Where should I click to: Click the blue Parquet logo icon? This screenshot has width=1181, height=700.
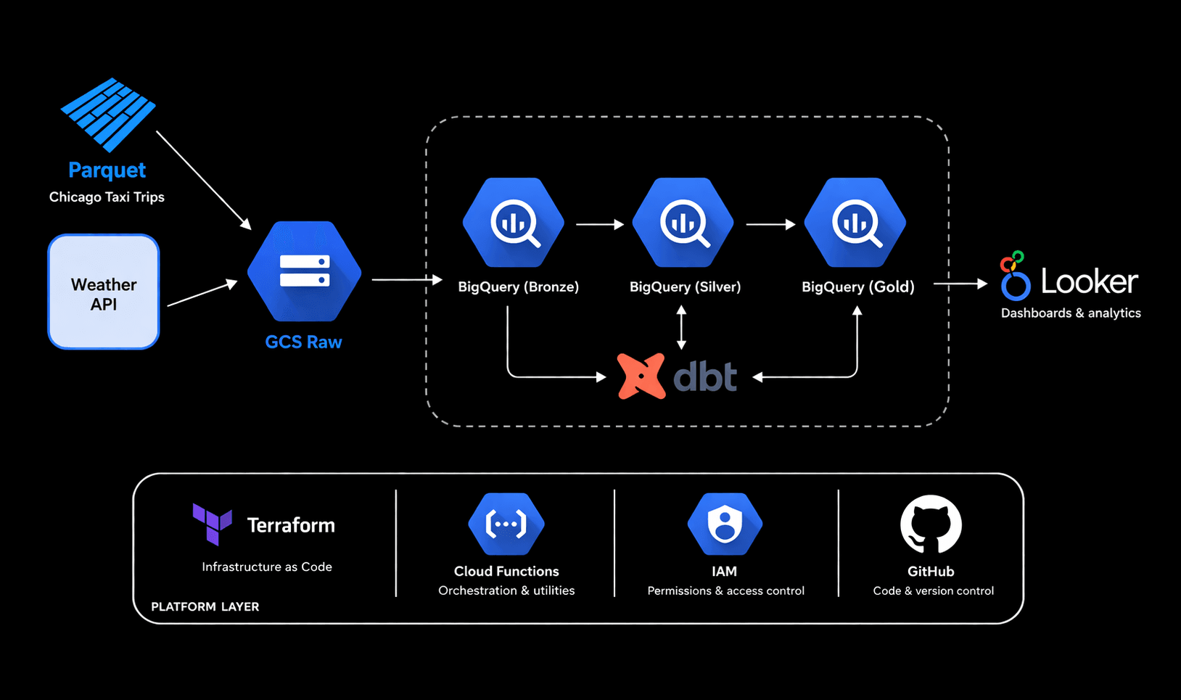click(x=108, y=115)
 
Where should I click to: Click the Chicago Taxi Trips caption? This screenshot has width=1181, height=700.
click(x=107, y=197)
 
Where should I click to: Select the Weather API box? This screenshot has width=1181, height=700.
click(x=104, y=292)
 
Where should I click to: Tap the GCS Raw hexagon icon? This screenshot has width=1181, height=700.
click(x=304, y=271)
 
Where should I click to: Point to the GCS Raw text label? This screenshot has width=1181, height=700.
click(x=303, y=342)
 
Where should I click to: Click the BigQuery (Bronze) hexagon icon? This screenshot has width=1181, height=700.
click(x=514, y=223)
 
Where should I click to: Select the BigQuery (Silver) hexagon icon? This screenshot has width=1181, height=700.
click(x=683, y=223)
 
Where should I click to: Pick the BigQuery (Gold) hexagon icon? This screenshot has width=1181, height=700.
click(x=855, y=223)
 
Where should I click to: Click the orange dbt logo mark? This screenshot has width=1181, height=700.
click(x=641, y=376)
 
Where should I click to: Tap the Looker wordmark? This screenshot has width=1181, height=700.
click(x=1089, y=281)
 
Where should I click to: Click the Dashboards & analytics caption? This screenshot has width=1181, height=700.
click(x=1071, y=313)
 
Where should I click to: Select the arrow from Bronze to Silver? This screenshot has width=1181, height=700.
click(x=599, y=225)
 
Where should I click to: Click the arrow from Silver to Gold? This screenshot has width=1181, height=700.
click(x=770, y=225)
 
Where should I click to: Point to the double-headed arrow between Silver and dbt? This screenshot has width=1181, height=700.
click(x=681, y=327)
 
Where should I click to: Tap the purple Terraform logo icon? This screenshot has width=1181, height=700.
click(x=212, y=523)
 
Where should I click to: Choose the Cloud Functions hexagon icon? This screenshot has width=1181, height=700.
click(x=506, y=524)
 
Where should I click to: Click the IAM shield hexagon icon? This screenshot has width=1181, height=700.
click(x=725, y=524)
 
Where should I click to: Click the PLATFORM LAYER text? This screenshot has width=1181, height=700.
click(x=205, y=607)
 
